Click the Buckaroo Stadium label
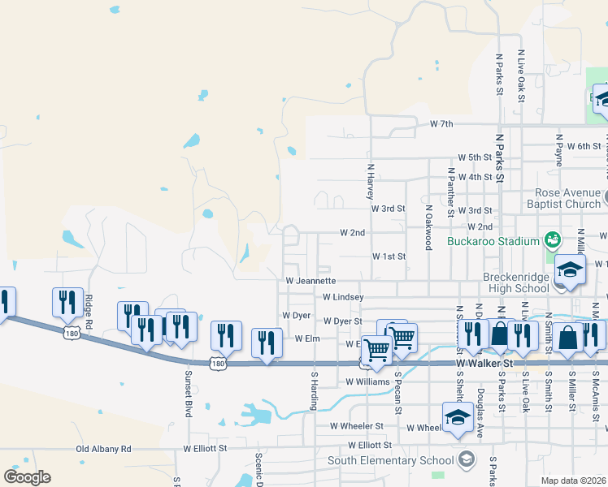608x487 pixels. click(493, 241)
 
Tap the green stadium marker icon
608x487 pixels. click(554, 239)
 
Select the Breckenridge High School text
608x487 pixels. click(516, 282)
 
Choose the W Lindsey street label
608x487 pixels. click(342, 298)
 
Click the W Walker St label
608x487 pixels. click(482, 364)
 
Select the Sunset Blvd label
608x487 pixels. click(188, 393)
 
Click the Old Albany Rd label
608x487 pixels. click(103, 448)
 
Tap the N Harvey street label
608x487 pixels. click(371, 183)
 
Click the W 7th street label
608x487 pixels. click(441, 124)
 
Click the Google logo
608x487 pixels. click(27, 477)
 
